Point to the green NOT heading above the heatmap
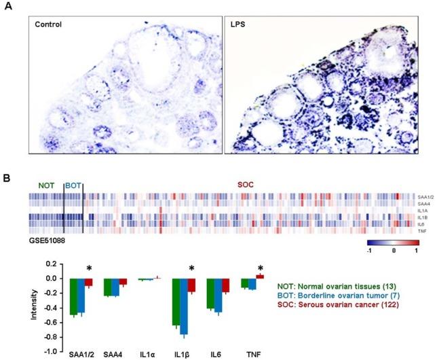tap(46, 186)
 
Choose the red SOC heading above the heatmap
tap(254, 186)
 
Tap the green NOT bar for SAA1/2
tap(74, 296)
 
